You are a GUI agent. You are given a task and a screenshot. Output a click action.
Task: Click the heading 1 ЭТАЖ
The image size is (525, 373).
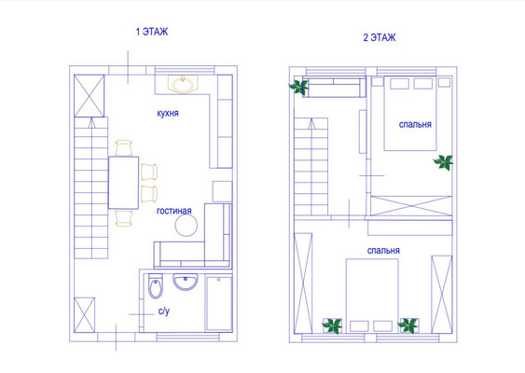coord(152,32)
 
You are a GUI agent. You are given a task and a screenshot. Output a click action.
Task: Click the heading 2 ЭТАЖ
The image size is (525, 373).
coord(380,37)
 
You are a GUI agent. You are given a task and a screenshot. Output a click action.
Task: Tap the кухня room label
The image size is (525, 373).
coord(168,113)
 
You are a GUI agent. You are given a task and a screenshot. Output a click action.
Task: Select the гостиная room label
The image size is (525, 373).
coord(174,211)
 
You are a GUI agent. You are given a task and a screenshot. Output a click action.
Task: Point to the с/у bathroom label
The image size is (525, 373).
coord(164,311)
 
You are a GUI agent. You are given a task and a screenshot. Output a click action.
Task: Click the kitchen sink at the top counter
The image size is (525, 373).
coord(183,84)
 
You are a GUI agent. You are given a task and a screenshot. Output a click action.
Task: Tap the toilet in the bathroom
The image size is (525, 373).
coord(156,286)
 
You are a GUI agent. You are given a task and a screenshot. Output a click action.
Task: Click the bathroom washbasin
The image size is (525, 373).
coord(186,282)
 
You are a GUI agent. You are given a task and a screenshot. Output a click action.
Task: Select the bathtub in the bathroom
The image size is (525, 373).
coord(218,303)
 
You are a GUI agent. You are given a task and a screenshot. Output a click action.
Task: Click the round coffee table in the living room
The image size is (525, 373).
coord(187,225)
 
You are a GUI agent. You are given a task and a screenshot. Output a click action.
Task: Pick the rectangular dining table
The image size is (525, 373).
coord(123,183)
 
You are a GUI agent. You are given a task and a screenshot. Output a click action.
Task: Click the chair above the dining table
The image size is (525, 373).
coord(124,148)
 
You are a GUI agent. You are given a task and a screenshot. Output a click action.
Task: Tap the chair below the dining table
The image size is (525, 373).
coord(123,218)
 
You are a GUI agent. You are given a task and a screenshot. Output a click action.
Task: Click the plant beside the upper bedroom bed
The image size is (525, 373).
coord(444,162)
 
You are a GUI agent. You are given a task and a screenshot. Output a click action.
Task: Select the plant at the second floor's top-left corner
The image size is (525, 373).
coord(298,87)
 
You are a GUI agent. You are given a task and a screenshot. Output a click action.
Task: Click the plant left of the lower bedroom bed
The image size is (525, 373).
coord(332,325)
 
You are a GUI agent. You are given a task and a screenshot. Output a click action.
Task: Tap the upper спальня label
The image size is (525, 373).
coord(415,125)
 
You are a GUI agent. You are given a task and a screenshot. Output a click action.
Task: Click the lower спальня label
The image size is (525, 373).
coord(383,251)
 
